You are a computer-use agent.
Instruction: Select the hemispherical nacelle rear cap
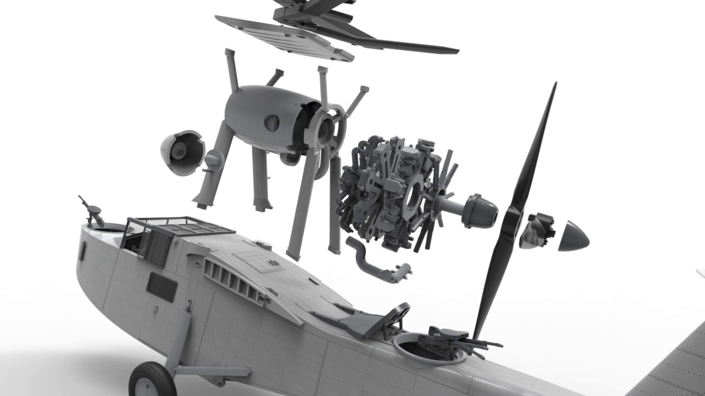pyautogui.click(x=181, y=152)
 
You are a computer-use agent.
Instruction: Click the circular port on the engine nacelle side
pyautogui.click(x=272, y=123)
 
